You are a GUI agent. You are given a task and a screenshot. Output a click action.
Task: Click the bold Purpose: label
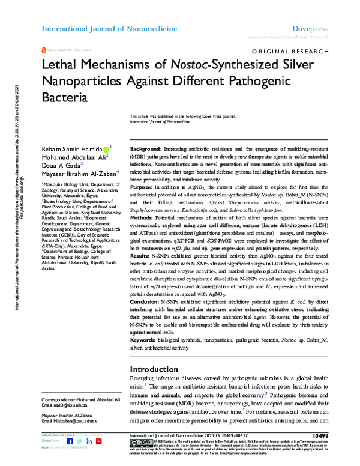pyautogui.click(x=142, y=187)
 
